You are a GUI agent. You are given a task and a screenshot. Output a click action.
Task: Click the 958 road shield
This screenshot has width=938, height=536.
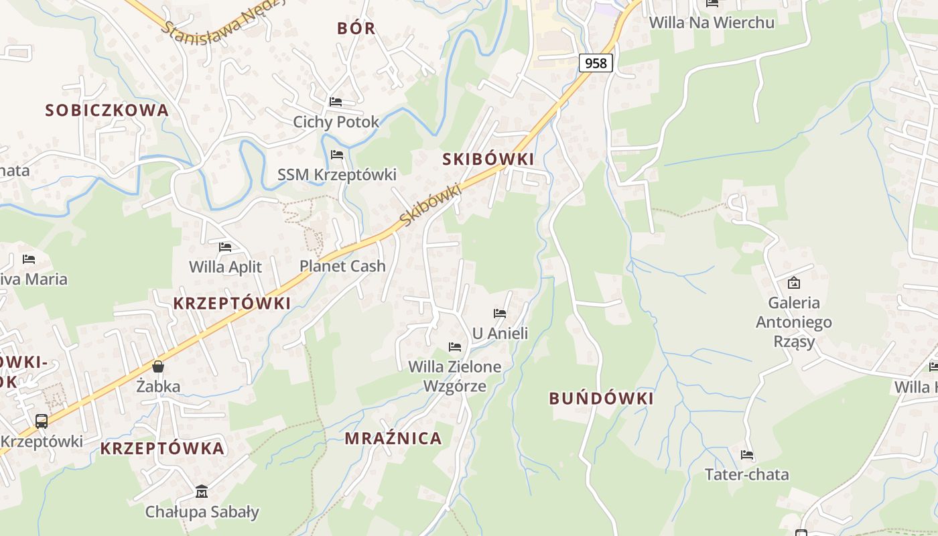pyautogui.click(x=595, y=63)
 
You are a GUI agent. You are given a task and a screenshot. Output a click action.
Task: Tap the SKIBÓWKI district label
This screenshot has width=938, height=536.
pyautogui.click(x=488, y=159)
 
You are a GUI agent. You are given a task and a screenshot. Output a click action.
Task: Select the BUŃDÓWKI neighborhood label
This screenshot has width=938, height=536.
pyautogui.click(x=601, y=398)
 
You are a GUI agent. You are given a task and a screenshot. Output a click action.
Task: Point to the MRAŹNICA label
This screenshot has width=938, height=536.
pyautogui.click(x=393, y=438)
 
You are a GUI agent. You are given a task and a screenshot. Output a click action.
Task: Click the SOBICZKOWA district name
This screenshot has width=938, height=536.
pyautogui.click(x=107, y=111)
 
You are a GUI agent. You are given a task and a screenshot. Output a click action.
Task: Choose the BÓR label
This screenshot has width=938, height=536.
pyautogui.click(x=356, y=28)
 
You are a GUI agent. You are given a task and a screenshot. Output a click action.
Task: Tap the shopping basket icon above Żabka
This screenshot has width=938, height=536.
pyautogui.click(x=158, y=366)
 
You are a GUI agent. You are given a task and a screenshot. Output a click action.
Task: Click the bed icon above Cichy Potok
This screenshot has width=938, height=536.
pyautogui.click(x=336, y=102)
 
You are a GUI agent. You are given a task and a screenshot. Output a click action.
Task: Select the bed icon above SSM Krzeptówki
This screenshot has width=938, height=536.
pyautogui.click(x=337, y=155)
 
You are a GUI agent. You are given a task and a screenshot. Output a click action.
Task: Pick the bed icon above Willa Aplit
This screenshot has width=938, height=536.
pyautogui.click(x=225, y=247)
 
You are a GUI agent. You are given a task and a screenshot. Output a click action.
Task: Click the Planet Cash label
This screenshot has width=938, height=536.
pyautogui.click(x=342, y=266)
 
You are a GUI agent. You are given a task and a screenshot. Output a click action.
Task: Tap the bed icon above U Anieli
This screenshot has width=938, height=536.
pyautogui.click(x=500, y=313)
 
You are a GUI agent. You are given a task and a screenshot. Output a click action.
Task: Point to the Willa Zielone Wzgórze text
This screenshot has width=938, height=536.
pyautogui.click(x=455, y=376)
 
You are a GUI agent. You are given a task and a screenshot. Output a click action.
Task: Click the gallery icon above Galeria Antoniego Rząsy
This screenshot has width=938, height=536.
pyautogui.click(x=794, y=283)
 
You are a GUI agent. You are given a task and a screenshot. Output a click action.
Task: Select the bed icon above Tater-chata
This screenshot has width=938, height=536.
pyautogui.click(x=747, y=455)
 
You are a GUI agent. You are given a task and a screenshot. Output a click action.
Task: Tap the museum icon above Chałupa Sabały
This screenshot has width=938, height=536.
pyautogui.click(x=202, y=492)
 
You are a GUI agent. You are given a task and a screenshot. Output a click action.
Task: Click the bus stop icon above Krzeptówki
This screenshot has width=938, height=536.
pyautogui.click(x=42, y=421)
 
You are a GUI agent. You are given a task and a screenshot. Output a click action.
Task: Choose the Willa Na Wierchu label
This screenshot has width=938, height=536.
pyautogui.click(x=712, y=22)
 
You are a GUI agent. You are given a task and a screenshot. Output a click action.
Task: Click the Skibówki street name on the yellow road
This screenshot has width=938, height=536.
pyautogui.click(x=431, y=204)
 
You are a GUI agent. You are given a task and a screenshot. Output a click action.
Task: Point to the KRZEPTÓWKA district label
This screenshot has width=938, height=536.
pyautogui.click(x=162, y=448)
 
